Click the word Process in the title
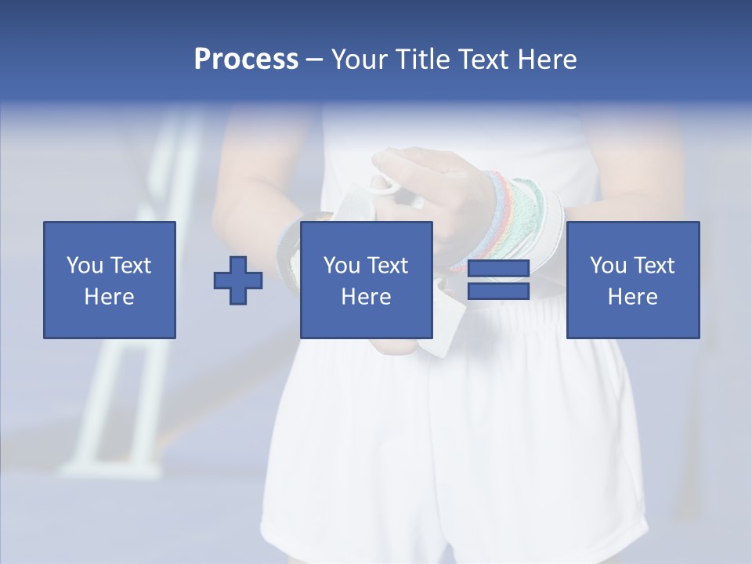246,60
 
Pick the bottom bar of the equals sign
499,291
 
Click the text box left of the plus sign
110,280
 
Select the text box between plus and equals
367,280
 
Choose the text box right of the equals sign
633,280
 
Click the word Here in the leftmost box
110,297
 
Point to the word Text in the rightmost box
653,266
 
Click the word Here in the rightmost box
633,297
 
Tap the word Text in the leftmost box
130,266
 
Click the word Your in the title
359,60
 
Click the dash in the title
315,60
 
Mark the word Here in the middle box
367,297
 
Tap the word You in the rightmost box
608,266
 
